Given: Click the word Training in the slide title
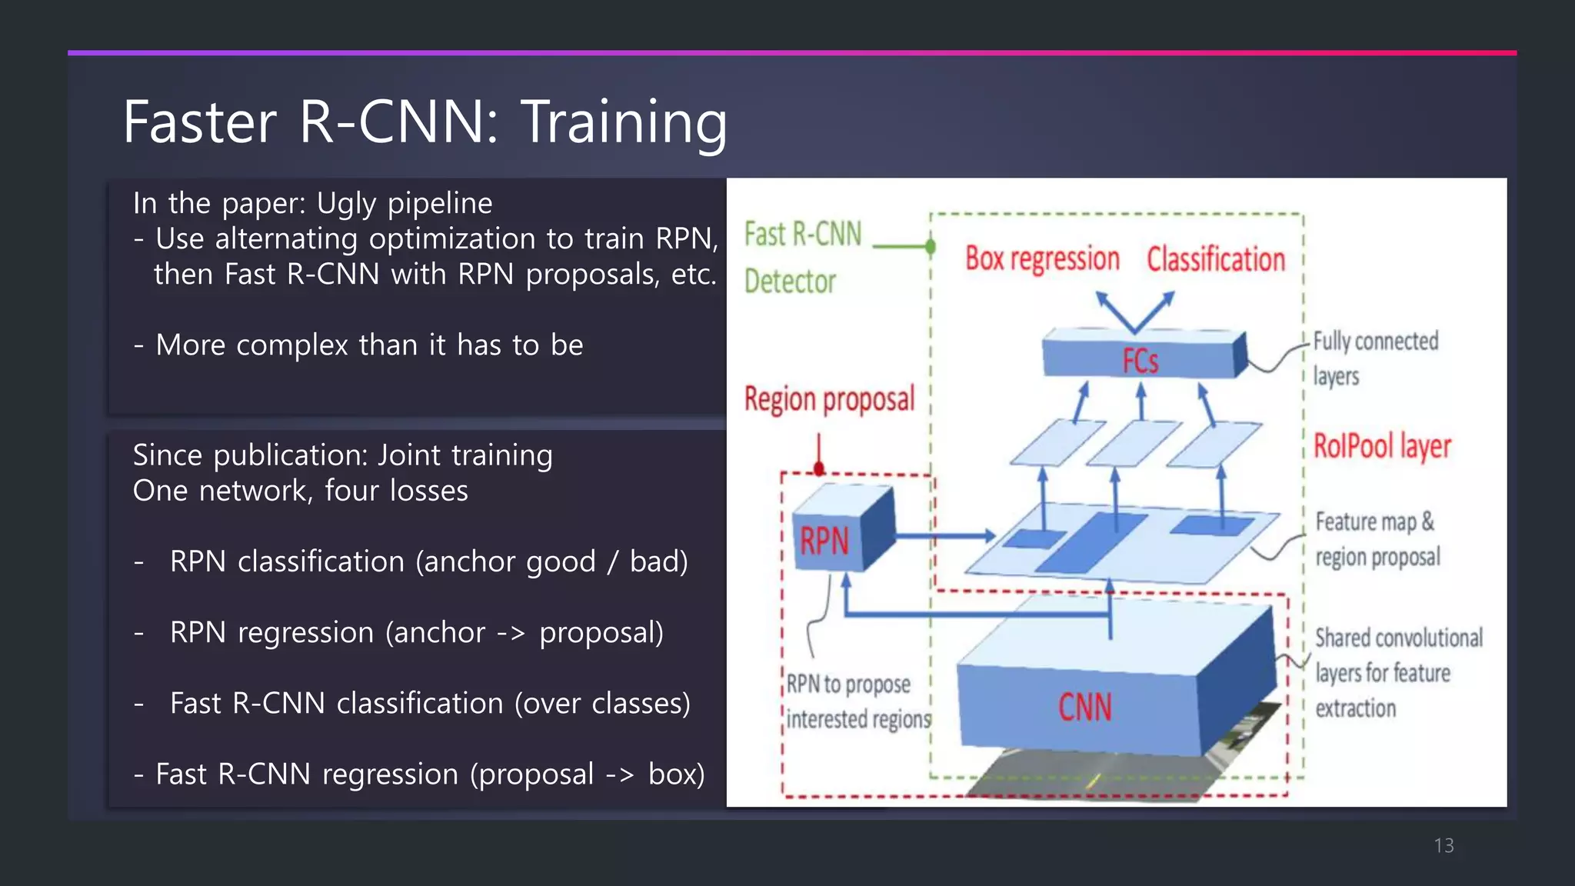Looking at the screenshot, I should (624, 122).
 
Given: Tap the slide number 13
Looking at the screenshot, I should (1443, 845).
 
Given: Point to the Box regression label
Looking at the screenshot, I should (1042, 259).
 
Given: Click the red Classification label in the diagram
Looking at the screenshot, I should (1216, 259).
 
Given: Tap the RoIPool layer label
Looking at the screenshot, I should (1381, 446).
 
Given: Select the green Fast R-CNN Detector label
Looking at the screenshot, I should (802, 258).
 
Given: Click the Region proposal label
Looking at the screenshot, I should (829, 399).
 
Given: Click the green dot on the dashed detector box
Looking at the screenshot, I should (931, 247).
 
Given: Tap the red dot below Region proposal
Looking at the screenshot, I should (819, 468).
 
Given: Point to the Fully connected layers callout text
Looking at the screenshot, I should (1374, 358).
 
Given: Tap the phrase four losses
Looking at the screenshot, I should (396, 491).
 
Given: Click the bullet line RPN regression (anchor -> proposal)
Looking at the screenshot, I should (416, 632).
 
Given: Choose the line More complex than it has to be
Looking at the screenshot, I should (369, 345).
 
